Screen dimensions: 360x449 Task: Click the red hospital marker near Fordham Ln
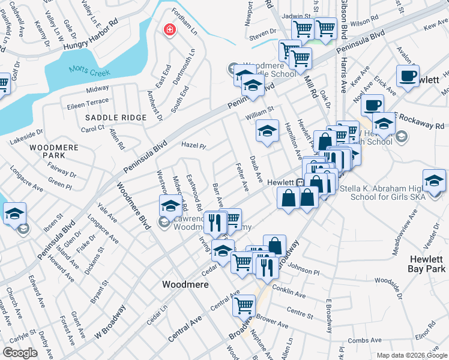coord(170,29)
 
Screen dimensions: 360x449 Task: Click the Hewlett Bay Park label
coord(426,264)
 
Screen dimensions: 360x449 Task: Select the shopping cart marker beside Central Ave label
coord(244,305)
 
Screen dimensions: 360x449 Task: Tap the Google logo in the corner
coord(20,353)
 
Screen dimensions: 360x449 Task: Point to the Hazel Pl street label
coord(194,146)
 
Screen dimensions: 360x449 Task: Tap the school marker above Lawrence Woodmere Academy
coord(171,206)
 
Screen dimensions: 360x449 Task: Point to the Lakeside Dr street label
coord(26,136)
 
